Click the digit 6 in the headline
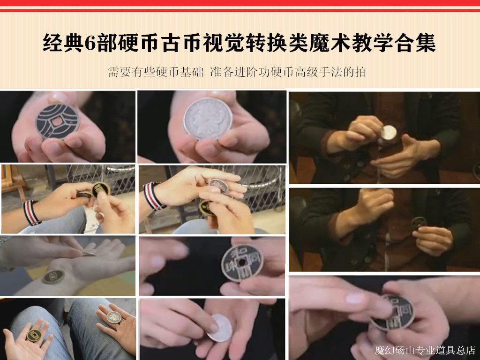[x=90, y=43]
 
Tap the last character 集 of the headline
[x=426, y=43]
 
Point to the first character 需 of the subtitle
[x=113, y=72]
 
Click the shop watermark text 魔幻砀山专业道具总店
[x=425, y=350]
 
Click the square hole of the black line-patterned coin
[x=57, y=121]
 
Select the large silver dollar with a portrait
[x=208, y=119]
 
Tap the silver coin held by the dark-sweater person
[x=389, y=133]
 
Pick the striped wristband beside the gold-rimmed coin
[x=31, y=213]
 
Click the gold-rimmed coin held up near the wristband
[x=101, y=189]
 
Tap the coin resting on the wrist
[x=53, y=277]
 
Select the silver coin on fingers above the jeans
[x=114, y=317]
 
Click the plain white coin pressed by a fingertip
[x=220, y=328]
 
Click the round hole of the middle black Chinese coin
[x=242, y=262]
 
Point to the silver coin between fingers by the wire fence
[x=218, y=186]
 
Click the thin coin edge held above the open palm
[x=88, y=254]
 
